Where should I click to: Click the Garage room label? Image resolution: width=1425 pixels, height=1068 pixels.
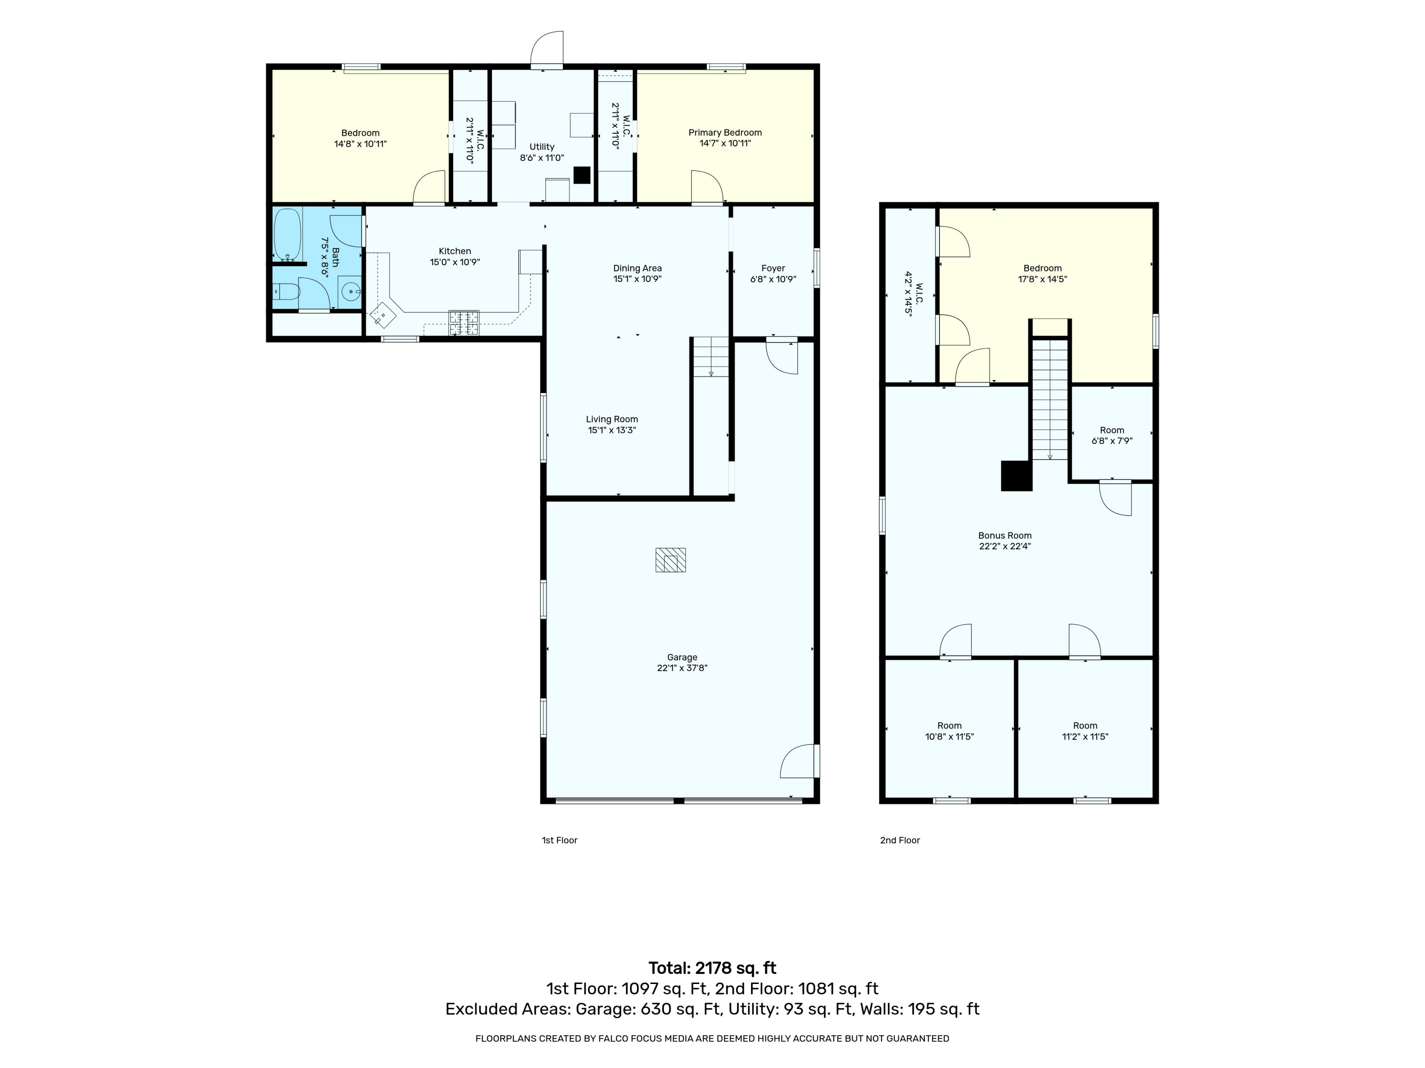[x=682, y=657]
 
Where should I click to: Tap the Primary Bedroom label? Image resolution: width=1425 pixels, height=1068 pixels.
[x=725, y=132]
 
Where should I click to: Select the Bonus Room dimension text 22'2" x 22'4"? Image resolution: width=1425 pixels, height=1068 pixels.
[x=1005, y=546]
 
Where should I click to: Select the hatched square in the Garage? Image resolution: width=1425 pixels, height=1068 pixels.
[x=671, y=560]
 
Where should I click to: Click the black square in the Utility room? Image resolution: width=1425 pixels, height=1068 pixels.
[x=582, y=175]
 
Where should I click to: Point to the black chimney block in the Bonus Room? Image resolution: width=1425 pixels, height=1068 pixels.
[x=1016, y=476]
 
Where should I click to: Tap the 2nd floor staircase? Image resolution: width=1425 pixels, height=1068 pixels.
[x=1050, y=399]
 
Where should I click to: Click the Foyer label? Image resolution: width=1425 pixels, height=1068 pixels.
[x=773, y=269]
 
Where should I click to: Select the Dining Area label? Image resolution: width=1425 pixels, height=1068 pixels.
[x=637, y=269]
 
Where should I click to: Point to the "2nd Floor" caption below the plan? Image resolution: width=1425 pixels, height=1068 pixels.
[x=900, y=840]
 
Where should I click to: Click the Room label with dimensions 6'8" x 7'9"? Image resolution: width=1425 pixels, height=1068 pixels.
[x=1112, y=430]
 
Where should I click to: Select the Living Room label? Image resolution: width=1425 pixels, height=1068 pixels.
[x=612, y=419]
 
